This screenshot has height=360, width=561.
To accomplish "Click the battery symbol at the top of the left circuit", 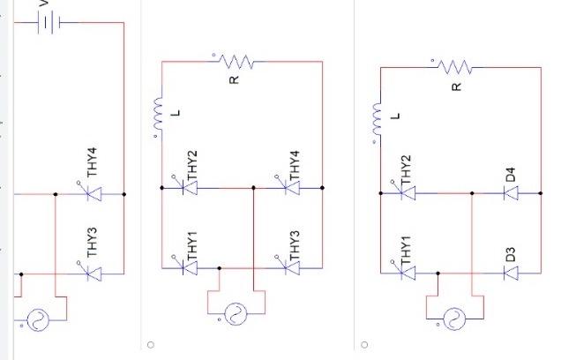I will [x=48, y=23].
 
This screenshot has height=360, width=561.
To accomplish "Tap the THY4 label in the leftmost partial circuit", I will [x=92, y=161].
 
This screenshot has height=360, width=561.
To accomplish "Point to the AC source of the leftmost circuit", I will [x=36, y=319].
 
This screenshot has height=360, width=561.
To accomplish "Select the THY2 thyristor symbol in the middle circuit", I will [x=188, y=188].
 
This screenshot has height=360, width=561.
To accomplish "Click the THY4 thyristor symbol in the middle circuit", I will [x=288, y=188].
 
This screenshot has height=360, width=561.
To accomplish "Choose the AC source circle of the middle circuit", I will [x=235, y=313].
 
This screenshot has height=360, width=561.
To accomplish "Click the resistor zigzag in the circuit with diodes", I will [x=455, y=67].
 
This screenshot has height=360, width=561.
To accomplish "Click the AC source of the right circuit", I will [x=454, y=319].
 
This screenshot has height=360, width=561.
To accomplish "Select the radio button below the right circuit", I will [x=364, y=344].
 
